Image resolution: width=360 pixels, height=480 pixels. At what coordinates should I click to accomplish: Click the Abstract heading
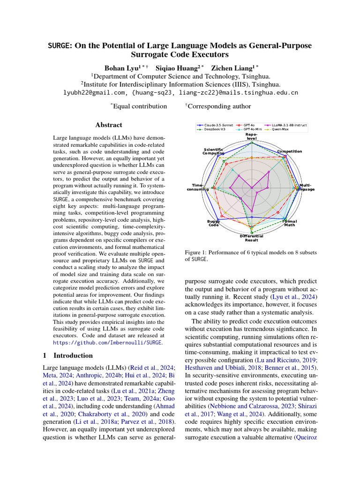[109, 125]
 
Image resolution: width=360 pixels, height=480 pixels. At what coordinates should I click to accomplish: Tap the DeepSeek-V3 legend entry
[216, 129]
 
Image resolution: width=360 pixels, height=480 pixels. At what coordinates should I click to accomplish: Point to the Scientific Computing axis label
[213, 151]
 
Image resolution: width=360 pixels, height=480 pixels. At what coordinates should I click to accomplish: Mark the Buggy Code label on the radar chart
[214, 223]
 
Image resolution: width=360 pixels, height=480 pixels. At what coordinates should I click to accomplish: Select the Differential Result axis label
[252, 238]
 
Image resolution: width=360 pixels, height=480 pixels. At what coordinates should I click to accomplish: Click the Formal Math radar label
[289, 223]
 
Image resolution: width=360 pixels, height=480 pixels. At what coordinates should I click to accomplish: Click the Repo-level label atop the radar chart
[252, 136]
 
